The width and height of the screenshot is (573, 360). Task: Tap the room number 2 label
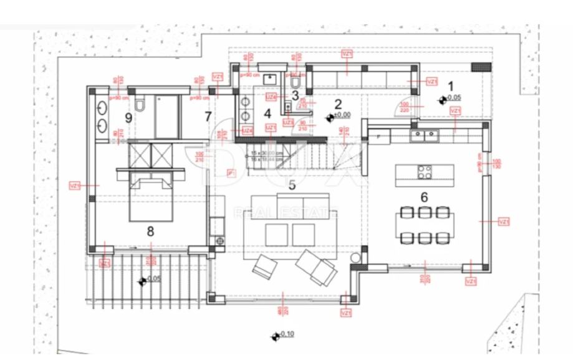point(339,104)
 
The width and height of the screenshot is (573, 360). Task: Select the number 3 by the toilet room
point(296,95)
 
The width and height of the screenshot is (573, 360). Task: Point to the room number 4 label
point(267,113)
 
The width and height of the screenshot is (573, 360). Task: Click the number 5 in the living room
point(291,184)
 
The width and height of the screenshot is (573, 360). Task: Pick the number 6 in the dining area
point(424,197)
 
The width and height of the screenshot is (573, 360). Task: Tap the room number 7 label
point(208,115)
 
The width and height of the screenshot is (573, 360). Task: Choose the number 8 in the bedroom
point(150,231)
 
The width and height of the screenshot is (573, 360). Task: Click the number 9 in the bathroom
point(128,117)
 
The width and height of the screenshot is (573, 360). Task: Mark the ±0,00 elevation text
point(342,115)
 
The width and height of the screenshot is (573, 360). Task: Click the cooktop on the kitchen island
point(424,170)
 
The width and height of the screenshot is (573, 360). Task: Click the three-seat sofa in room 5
point(294,202)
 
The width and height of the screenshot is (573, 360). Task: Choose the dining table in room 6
point(424,223)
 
